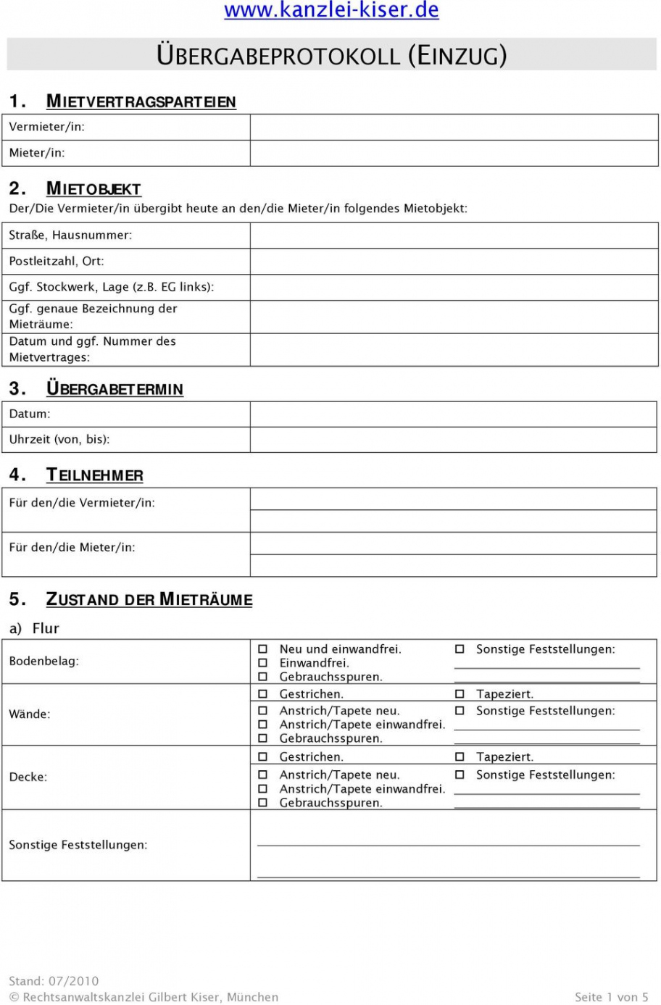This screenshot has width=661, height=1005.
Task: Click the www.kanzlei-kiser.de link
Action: [x=331, y=10]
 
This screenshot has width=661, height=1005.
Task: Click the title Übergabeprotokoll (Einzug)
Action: [x=331, y=56]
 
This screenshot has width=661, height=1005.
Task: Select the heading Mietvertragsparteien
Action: [x=141, y=101]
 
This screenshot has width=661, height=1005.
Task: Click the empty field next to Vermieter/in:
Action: [x=454, y=127]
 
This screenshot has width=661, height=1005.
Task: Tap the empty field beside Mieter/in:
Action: [x=454, y=153]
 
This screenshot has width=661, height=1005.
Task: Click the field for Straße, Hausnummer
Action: [x=454, y=235]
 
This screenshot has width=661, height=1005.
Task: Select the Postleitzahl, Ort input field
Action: [x=454, y=261]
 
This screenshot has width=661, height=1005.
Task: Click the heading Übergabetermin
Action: [x=115, y=389]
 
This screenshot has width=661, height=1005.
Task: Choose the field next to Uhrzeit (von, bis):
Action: [x=454, y=440]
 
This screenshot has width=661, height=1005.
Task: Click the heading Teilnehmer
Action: [x=94, y=475]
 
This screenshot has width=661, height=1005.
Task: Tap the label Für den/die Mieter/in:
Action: [x=72, y=548]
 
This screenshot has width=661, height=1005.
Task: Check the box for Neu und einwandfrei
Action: [x=263, y=649]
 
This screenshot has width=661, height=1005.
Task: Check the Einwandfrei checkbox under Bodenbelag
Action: [x=263, y=663]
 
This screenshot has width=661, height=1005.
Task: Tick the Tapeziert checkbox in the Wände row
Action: [x=460, y=694]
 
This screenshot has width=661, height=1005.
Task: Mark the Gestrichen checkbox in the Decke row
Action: [x=263, y=757]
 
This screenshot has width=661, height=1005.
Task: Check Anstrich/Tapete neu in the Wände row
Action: [x=263, y=711]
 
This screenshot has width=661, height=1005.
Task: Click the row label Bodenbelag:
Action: [x=44, y=661]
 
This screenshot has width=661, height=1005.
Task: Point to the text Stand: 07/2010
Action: [x=54, y=981]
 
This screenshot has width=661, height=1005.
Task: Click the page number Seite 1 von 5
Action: [x=611, y=997]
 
